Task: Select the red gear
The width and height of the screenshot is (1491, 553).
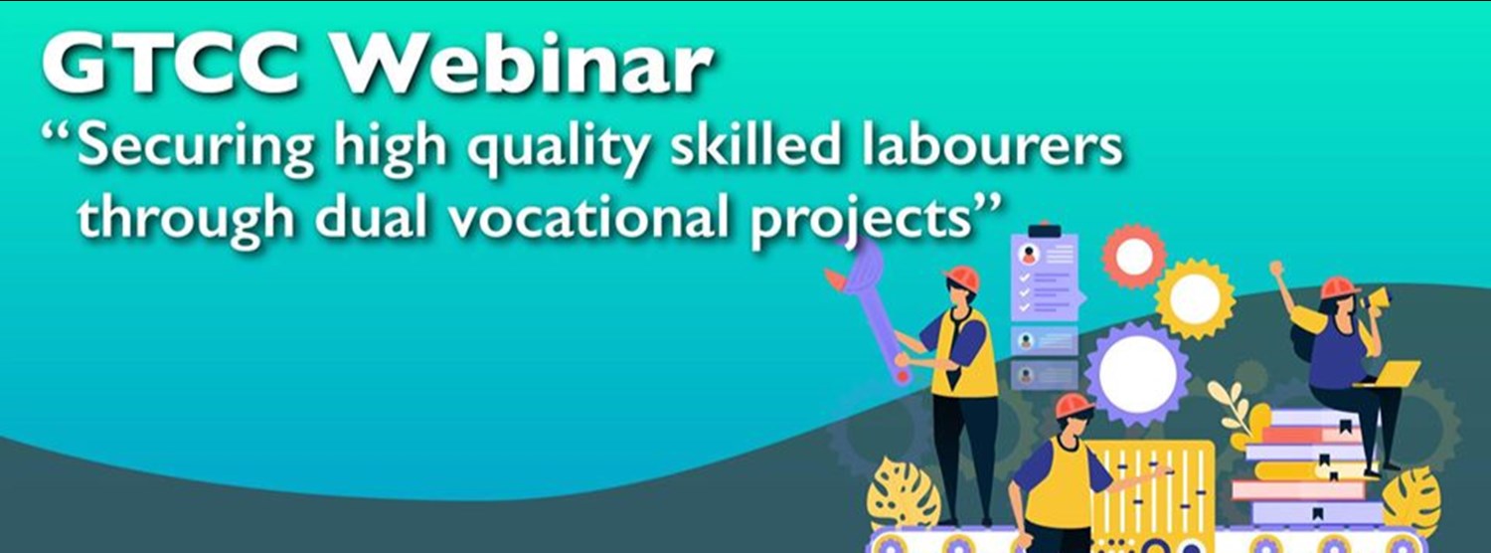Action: pos(1134,257)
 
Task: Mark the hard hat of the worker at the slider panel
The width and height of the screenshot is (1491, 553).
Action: pos(1074,406)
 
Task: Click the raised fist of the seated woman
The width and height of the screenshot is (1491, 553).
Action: pos(1276,268)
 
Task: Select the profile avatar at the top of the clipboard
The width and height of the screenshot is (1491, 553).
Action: pos(1030,254)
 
